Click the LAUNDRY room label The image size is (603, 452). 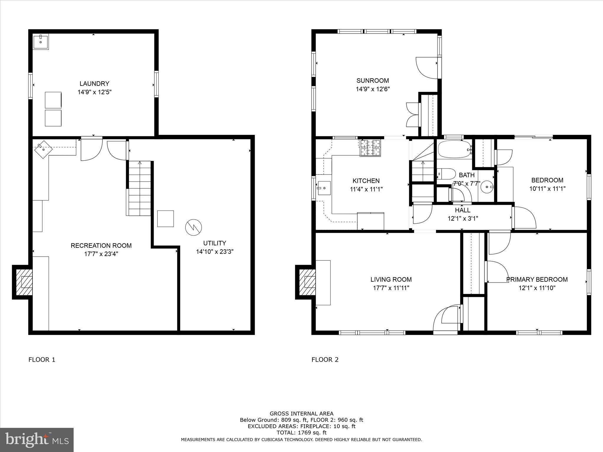click(x=94, y=84)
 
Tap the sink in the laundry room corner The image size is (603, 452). click(x=41, y=42)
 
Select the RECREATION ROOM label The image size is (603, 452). click(x=101, y=245)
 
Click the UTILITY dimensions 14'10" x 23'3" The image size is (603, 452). click(x=215, y=252)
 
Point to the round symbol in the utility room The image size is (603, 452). click(x=193, y=227)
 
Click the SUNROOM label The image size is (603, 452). click(x=372, y=81)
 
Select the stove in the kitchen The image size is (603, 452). click(x=370, y=147)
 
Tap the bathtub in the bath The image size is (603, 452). click(x=453, y=149)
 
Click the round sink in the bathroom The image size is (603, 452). click(x=486, y=187)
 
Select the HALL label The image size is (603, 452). click(x=463, y=210)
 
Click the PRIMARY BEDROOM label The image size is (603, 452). click(x=537, y=279)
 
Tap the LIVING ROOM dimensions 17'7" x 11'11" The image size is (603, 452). click(x=391, y=288)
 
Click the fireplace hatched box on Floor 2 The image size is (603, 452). click(x=307, y=282)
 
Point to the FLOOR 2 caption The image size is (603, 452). click(x=325, y=360)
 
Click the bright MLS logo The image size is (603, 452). click(x=37, y=440)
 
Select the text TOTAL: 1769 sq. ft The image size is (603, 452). click(x=301, y=433)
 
